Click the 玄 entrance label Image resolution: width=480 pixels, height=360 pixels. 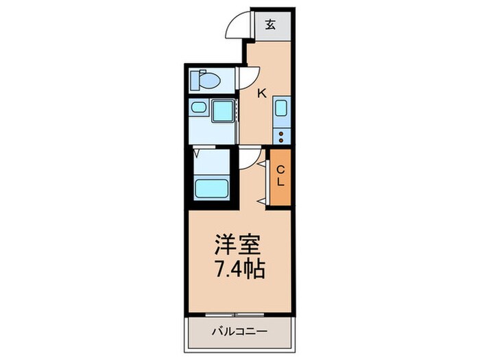coord(271,25)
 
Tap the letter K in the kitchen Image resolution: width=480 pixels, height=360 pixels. coord(261,94)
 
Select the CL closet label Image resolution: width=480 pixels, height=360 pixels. coord(280,178)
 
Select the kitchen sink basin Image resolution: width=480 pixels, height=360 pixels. coord(281,109)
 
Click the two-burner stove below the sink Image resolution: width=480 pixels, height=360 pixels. coord(281,133)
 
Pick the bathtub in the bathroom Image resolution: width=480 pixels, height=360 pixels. coord(212,187)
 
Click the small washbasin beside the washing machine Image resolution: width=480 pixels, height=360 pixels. coord(200,108)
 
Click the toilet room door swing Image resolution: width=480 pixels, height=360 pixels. coord(247,76)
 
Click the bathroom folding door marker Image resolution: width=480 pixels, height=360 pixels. coord(197,153)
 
